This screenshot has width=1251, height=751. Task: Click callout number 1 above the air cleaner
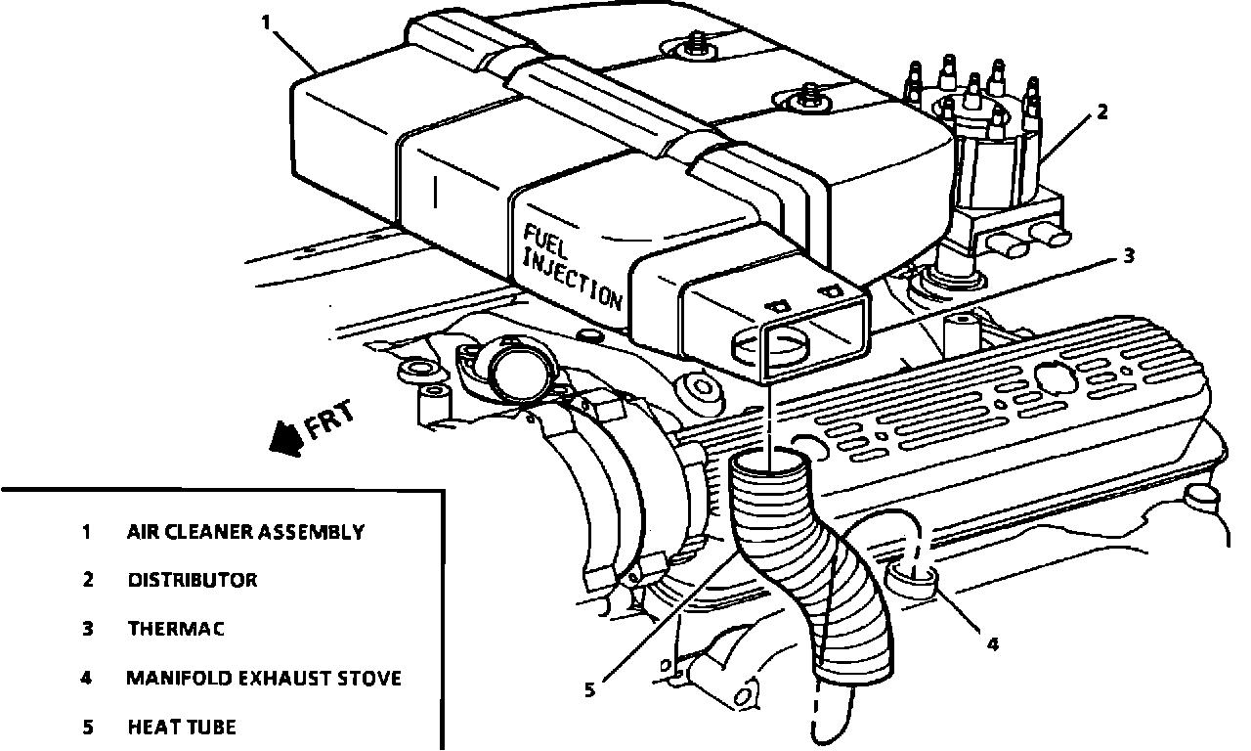[266, 22]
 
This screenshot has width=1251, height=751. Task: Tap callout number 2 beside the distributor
[1101, 112]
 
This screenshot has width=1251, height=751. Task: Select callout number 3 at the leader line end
[1128, 256]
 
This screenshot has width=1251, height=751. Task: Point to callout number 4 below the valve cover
[992, 643]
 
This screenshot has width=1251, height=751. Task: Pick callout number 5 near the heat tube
[589, 689]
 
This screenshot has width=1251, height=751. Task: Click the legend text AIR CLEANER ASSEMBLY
[245, 532]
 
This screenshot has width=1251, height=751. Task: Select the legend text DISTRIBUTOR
[193, 580]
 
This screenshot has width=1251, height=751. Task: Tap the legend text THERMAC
[176, 628]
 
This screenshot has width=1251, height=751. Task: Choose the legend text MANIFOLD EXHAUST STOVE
[264, 677]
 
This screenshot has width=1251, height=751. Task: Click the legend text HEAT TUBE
[182, 727]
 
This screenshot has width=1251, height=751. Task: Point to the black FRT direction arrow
[285, 438]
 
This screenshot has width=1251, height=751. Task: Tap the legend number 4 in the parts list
[87, 677]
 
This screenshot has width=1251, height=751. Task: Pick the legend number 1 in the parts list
[87, 532]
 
